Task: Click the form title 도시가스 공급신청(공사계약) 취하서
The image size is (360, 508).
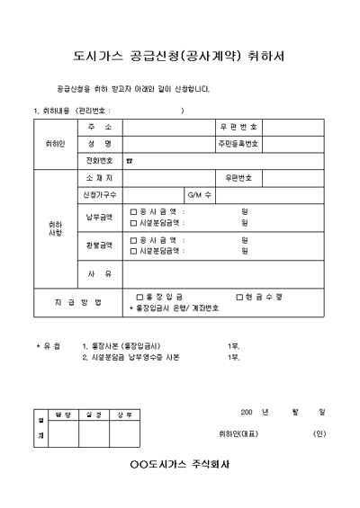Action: (x=179, y=56)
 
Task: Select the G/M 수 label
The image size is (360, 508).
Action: (x=199, y=195)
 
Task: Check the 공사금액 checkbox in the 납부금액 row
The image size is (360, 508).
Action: (x=134, y=212)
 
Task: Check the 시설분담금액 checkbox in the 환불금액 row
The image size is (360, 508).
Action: (x=134, y=251)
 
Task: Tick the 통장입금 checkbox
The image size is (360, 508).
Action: (x=139, y=296)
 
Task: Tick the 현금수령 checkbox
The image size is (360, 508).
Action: (x=239, y=296)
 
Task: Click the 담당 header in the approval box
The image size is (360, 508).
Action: (x=63, y=415)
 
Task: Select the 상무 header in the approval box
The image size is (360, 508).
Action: (x=124, y=415)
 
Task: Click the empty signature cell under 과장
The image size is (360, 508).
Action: (x=94, y=434)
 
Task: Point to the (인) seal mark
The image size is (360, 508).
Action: (x=319, y=433)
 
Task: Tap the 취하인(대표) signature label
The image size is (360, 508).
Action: (x=238, y=433)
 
